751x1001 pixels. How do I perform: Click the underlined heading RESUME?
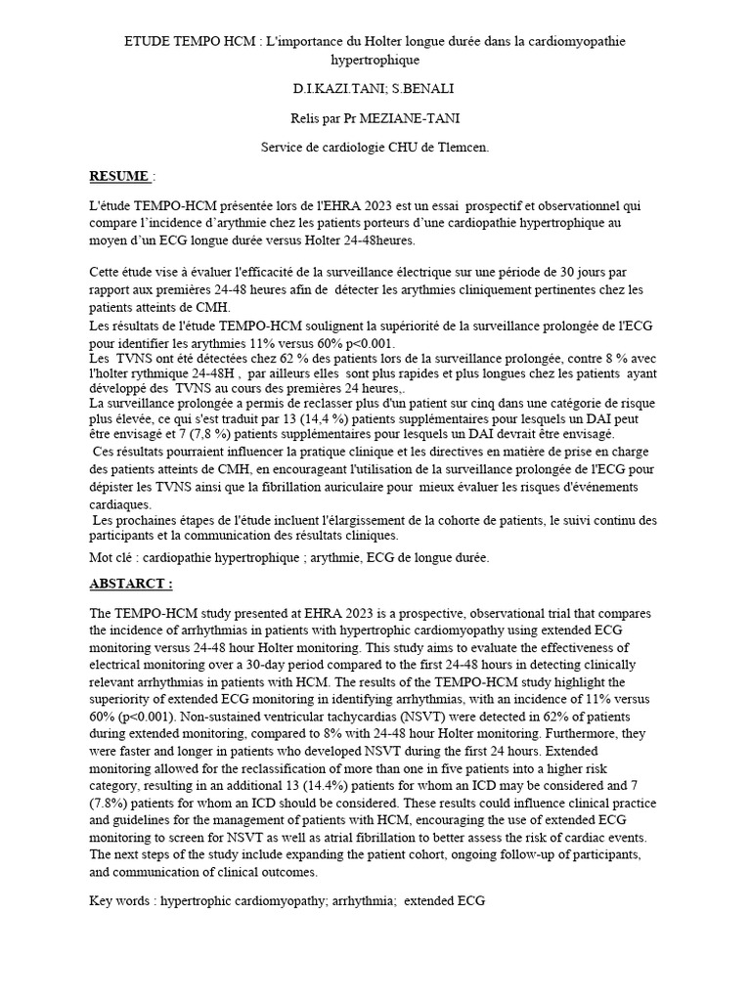118,176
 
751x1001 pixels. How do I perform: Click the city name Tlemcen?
461,147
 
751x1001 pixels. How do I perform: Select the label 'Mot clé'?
112,557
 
